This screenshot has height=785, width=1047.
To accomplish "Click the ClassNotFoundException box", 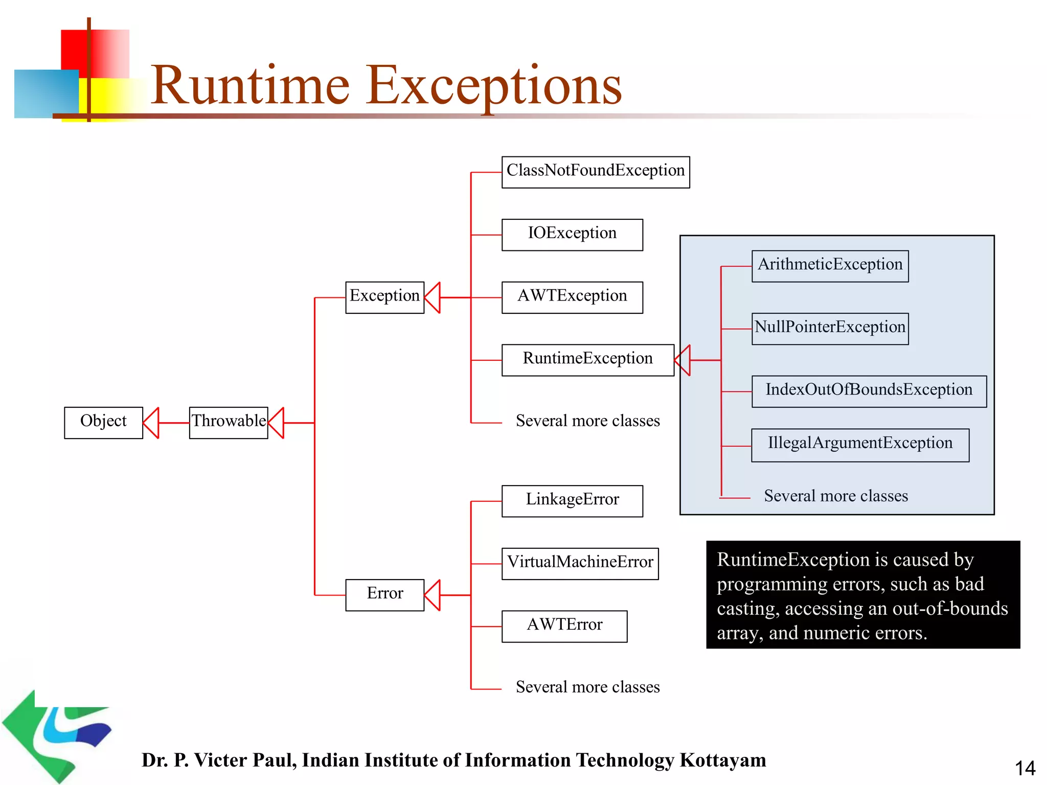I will [x=596, y=172].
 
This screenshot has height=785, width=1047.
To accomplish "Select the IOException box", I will [x=572, y=235].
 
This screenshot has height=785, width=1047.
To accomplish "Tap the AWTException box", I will [x=572, y=297].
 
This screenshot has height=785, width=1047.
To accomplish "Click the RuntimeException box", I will [x=587, y=360].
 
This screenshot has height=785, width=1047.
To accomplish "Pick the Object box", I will [x=103, y=423].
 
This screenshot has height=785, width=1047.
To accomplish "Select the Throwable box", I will [x=229, y=423].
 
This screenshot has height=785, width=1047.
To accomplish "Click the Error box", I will [x=384, y=595].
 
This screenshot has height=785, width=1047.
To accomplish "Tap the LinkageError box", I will [x=572, y=501].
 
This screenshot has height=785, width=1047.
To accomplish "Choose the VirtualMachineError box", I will [x=580, y=564].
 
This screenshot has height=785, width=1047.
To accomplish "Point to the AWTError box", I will [x=564, y=626].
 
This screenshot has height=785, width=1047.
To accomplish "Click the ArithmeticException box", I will [x=830, y=266].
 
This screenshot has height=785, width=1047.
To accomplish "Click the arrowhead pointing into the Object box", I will [x=152, y=423].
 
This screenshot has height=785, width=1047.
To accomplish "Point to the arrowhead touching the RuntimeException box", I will [x=683, y=360].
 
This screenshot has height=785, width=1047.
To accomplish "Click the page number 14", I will [x=1025, y=768].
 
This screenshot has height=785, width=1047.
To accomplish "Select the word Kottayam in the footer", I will [x=722, y=760].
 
